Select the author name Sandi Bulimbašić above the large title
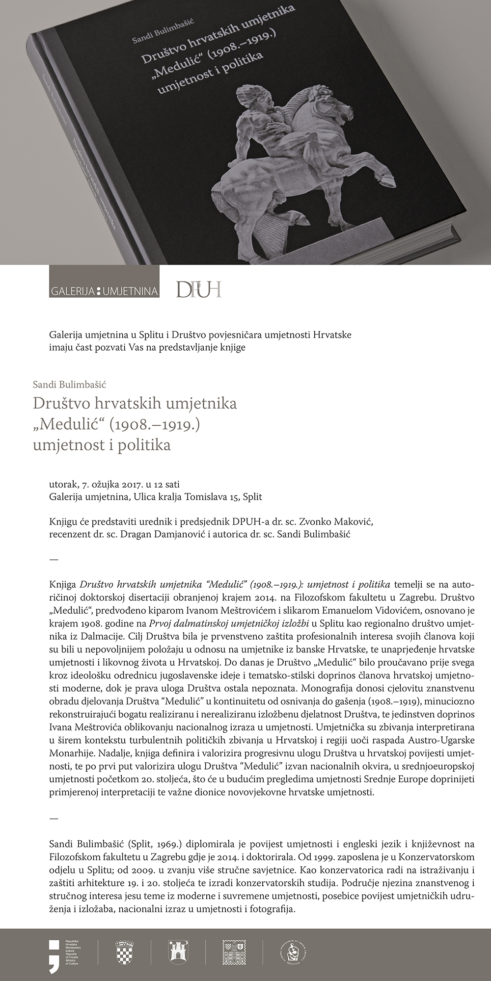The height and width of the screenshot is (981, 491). click(69, 385)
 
